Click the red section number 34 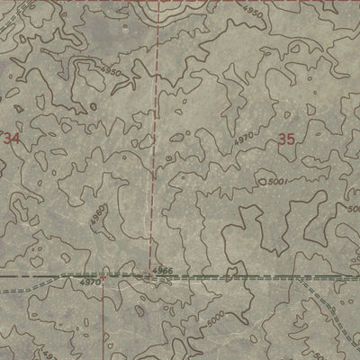tap(12, 139)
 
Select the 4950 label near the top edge tap(254, 16)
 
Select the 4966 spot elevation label tap(162, 269)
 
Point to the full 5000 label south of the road tap(217, 319)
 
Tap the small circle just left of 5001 tap(262, 183)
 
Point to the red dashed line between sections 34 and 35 tap(154, 135)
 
